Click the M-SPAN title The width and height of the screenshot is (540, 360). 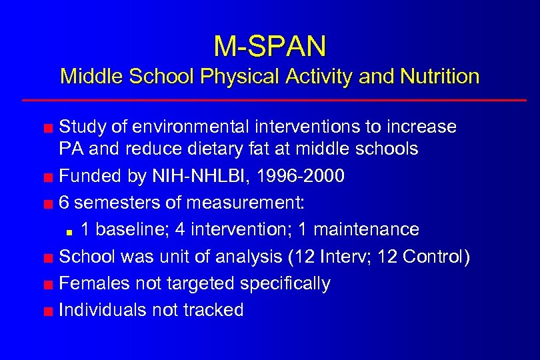pyautogui.click(x=270, y=45)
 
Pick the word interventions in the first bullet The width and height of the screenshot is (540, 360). pyautogui.click(x=303, y=126)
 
